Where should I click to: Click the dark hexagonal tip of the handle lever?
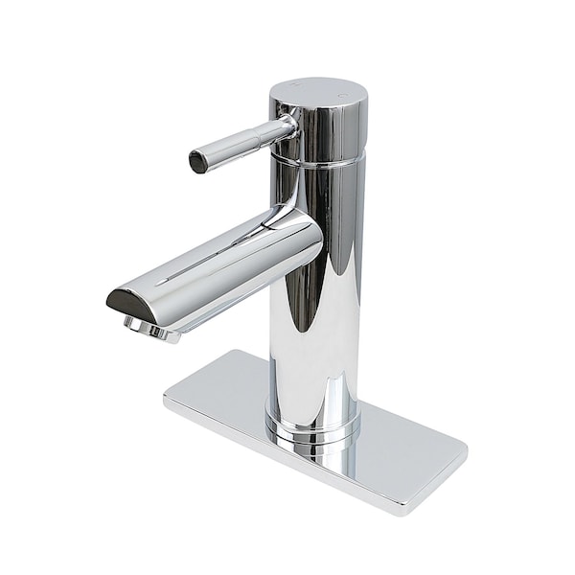pyautogui.click(x=198, y=162)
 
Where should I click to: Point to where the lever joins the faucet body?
pyautogui.click(x=285, y=127)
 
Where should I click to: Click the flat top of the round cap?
pyautogui.click(x=318, y=94)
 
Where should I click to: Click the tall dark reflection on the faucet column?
pyautogui.click(x=305, y=316)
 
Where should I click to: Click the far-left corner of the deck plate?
pyautogui.click(x=165, y=395)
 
